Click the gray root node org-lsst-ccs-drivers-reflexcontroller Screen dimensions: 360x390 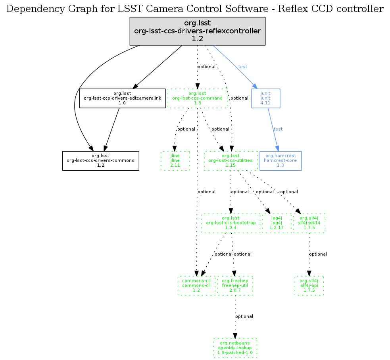click(197, 31)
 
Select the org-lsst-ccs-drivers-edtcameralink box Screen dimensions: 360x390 click(122, 98)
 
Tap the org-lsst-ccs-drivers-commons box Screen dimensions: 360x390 click(100, 161)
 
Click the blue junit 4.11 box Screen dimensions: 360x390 click(266, 98)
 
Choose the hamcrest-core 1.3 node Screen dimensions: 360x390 click(280, 161)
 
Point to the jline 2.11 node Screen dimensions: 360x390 click(175, 161)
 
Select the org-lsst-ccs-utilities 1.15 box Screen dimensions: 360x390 click(231, 161)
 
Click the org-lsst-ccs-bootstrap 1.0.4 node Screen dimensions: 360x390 click(231, 223)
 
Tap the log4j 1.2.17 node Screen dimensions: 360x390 click(276, 223)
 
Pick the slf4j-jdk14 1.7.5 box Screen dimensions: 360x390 click(309, 223)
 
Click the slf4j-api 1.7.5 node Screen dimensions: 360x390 click(309, 286)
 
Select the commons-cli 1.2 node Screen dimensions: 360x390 click(196, 286)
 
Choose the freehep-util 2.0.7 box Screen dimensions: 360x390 click(235, 286)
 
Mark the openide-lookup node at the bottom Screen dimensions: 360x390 click(235, 348)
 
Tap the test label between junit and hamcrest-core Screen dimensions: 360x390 click(278, 129)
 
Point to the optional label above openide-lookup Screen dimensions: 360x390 click(244, 316)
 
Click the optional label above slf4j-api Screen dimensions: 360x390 click(318, 254)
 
